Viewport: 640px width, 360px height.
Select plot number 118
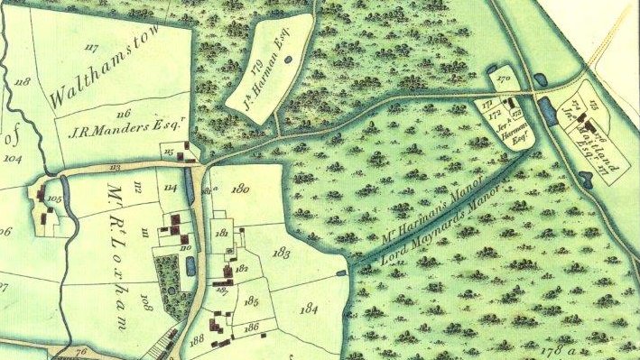tap(23, 82)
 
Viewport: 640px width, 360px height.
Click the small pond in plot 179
tap(287, 60)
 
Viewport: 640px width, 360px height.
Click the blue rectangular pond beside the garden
tap(190, 266)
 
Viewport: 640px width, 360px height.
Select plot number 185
tap(252, 300)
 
